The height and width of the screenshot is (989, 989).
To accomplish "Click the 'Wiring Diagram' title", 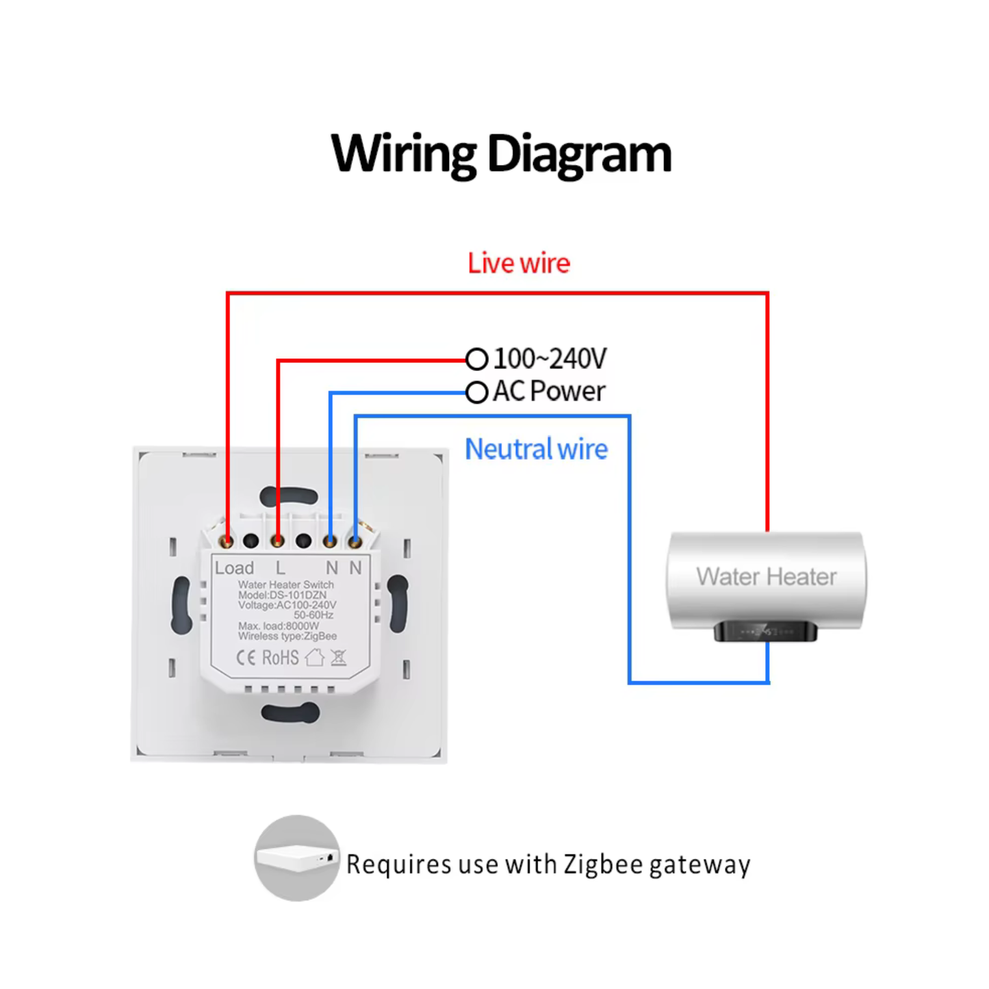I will pyautogui.click(x=501, y=155).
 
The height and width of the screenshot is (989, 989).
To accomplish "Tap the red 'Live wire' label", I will pyautogui.click(x=518, y=264).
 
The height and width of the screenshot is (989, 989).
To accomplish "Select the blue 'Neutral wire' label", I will pyautogui.click(x=536, y=450).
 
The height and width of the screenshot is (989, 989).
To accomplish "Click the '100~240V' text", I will pyautogui.click(x=550, y=359).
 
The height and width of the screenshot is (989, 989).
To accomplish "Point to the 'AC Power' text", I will pyautogui.click(x=549, y=391).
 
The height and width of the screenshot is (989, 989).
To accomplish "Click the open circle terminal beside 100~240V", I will pyautogui.click(x=476, y=359).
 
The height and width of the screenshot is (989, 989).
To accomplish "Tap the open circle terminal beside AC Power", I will pyautogui.click(x=476, y=392).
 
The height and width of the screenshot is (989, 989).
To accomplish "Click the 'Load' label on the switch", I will pyautogui.click(x=234, y=568).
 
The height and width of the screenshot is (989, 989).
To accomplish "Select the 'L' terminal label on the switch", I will pyautogui.click(x=281, y=568).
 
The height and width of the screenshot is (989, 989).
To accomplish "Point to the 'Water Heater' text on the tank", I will pyautogui.click(x=767, y=577).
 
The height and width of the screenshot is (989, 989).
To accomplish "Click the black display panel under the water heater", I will pyautogui.click(x=765, y=631).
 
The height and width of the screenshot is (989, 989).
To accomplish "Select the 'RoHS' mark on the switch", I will pyautogui.click(x=281, y=658).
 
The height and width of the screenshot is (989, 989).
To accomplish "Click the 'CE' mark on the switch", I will pyautogui.click(x=246, y=658).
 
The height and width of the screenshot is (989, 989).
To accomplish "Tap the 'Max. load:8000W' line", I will pyautogui.click(x=279, y=626).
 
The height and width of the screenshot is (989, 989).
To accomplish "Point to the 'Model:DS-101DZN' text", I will pyautogui.click(x=282, y=595).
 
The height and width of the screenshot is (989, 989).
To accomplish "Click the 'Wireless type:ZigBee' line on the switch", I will pyautogui.click(x=287, y=637).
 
